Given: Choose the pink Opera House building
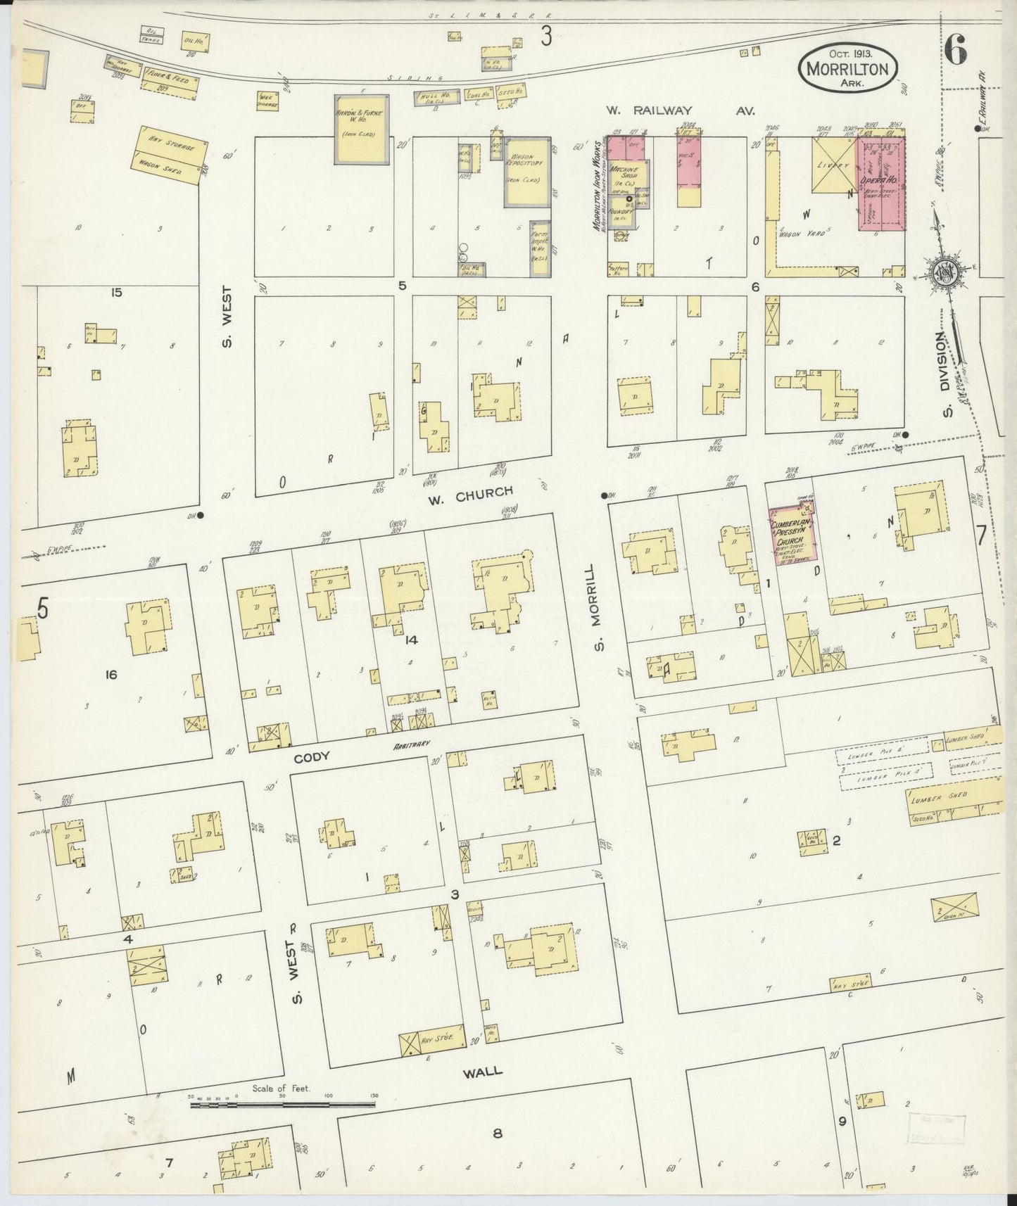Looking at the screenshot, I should coord(880,183).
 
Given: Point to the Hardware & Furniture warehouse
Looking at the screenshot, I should coord(360,129).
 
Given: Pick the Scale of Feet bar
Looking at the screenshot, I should coord(282,1105).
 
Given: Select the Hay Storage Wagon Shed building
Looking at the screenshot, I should coord(172,155).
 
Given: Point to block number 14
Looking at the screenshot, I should coord(412,639).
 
